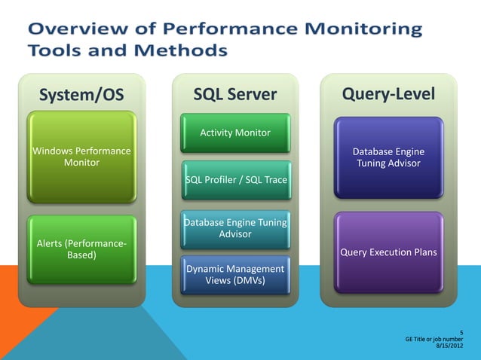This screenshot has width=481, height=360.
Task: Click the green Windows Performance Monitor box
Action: point(81,157)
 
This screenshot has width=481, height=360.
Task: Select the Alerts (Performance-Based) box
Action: point(81,249)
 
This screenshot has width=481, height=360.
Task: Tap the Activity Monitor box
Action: point(235,133)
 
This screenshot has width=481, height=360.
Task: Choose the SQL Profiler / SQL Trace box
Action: point(235,179)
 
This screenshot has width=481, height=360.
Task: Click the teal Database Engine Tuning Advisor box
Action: point(235,228)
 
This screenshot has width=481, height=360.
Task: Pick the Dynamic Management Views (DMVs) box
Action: point(235,275)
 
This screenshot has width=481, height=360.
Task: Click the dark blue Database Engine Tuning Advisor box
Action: point(388,157)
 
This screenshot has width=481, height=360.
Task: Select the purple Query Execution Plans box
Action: point(388,252)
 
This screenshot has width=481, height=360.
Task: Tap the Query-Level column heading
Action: point(388,93)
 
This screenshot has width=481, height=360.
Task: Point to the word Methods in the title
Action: point(182,50)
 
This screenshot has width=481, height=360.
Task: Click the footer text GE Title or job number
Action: point(434,339)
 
